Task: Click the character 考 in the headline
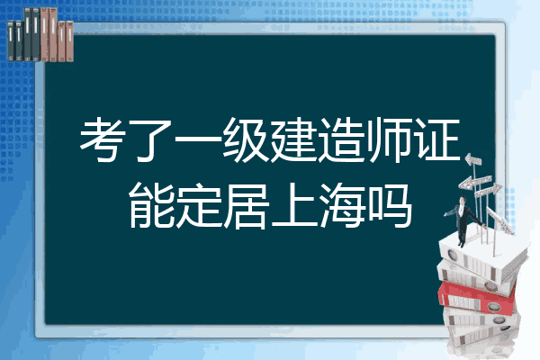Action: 103,139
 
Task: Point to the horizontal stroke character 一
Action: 197,139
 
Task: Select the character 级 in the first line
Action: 245,139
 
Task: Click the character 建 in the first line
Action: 293,139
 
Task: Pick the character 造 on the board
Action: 341,139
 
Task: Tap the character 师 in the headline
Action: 389,139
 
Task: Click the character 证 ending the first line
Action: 436,139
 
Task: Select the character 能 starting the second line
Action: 150,206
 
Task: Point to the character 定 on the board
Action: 198,206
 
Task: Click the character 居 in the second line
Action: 246,206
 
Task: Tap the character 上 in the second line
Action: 293,206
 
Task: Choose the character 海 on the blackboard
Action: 341,206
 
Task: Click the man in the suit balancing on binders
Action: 463,221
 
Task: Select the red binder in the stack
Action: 477,298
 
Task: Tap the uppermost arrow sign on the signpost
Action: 473,159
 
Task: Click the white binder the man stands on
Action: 482,256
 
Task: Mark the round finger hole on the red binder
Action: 493,306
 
